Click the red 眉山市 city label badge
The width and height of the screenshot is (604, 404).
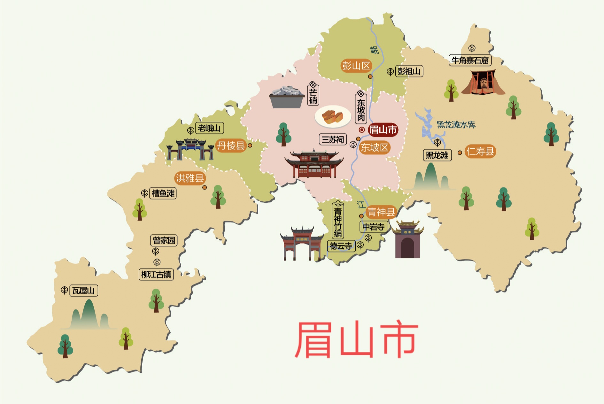383,130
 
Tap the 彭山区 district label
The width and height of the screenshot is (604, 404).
356,66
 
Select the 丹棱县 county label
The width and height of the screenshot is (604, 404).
231,146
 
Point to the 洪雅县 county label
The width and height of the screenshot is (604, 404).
190,178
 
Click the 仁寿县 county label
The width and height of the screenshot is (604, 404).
480,151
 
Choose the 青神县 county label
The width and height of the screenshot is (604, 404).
381,212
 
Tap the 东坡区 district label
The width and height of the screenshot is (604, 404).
375,148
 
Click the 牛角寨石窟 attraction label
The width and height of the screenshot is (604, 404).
470,60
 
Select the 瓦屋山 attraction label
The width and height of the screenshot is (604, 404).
83,291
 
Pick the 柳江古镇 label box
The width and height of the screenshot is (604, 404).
156,274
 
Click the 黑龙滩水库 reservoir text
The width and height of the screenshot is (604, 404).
456,125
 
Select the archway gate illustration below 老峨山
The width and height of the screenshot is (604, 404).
190,149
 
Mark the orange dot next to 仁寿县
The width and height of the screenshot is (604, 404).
460,153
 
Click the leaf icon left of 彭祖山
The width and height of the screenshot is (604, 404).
390,72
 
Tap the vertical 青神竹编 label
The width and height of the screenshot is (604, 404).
338,221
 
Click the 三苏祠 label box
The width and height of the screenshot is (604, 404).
333,139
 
